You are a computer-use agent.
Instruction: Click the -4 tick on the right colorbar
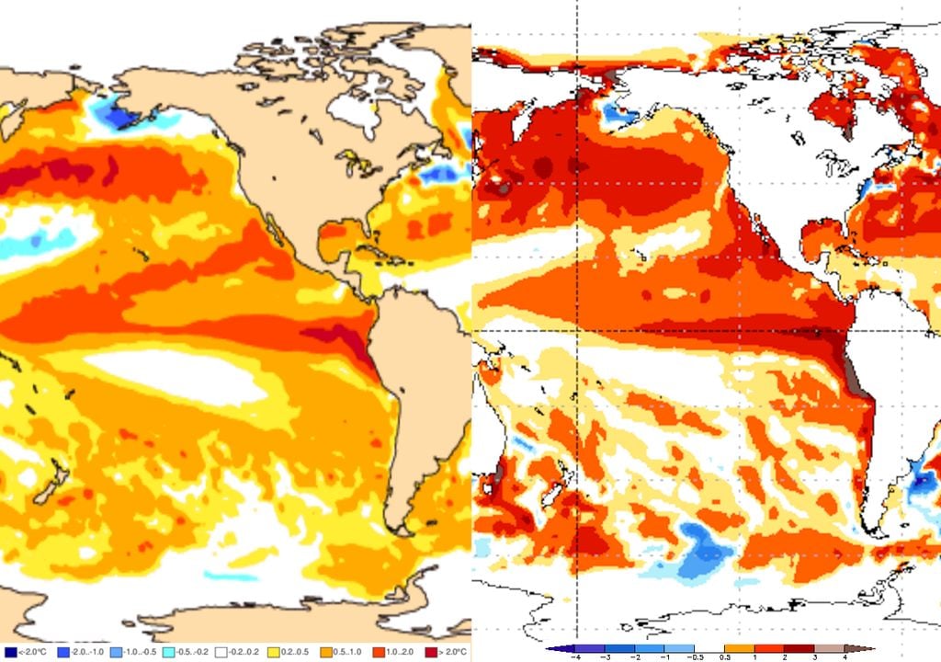point(575,657)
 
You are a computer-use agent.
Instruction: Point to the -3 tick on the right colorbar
point(606,657)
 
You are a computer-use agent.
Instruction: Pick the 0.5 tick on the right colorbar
point(725,657)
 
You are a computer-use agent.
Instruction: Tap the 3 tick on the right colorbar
point(814,657)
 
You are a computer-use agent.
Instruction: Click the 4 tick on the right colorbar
point(844,657)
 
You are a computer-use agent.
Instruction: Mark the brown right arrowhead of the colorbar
point(867,649)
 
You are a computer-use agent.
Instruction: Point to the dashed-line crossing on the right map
point(576,330)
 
